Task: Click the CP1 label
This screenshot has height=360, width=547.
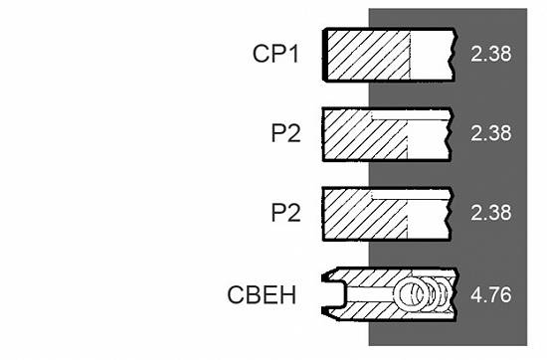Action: tap(275, 54)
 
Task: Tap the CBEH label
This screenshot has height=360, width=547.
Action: tap(262, 294)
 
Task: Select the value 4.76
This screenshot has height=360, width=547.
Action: tap(491, 294)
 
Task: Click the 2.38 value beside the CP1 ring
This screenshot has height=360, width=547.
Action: tap(491, 54)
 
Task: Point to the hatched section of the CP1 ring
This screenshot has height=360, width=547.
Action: tap(368, 55)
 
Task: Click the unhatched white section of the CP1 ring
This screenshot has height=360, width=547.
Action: tap(432, 55)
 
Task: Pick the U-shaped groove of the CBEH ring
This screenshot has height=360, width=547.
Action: tap(335, 294)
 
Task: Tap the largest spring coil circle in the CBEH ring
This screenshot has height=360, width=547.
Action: tap(411, 294)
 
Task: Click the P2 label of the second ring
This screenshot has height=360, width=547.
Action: tap(285, 133)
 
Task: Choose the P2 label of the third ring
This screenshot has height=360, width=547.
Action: tap(285, 213)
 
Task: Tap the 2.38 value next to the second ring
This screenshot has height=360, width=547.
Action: tap(491, 133)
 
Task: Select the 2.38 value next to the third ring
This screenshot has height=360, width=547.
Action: tap(491, 213)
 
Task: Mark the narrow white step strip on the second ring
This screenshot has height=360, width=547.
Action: tap(410, 115)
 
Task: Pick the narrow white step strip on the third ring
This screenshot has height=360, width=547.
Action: tap(410, 194)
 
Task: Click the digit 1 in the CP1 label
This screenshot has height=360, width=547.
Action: tap(293, 54)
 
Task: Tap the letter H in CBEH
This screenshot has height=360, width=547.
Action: tap(288, 294)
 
